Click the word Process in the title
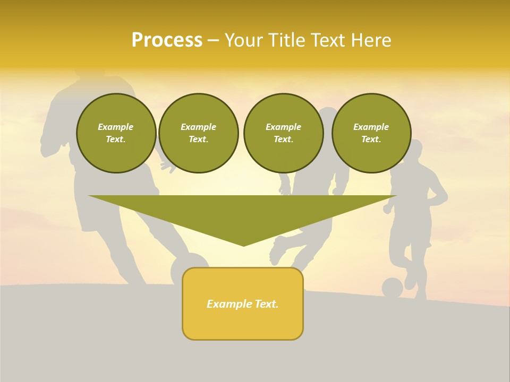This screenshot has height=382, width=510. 167,40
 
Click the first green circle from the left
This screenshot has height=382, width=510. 116,133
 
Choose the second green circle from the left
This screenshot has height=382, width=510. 198,133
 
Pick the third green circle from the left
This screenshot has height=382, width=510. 283,133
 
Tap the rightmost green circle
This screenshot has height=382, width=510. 371,133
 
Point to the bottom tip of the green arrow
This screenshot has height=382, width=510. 244,245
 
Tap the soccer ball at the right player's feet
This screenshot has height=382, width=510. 392,288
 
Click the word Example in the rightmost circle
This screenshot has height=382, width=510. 371,127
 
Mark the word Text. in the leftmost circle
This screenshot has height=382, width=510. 116,139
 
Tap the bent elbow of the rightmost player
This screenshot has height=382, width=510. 444,198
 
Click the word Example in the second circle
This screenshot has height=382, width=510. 198,127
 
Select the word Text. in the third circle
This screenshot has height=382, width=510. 283,139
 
